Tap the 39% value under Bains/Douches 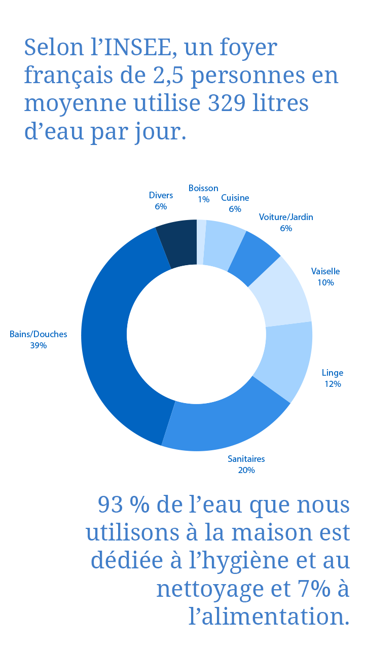(x=39, y=345)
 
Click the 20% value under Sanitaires (x=246, y=470)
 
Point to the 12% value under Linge (x=333, y=384)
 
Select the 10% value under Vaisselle (x=325, y=282)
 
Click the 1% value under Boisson (x=203, y=199)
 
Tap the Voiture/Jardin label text (x=286, y=217)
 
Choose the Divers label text (x=161, y=195)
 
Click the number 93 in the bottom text (x=110, y=505)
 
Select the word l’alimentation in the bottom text (x=269, y=617)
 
